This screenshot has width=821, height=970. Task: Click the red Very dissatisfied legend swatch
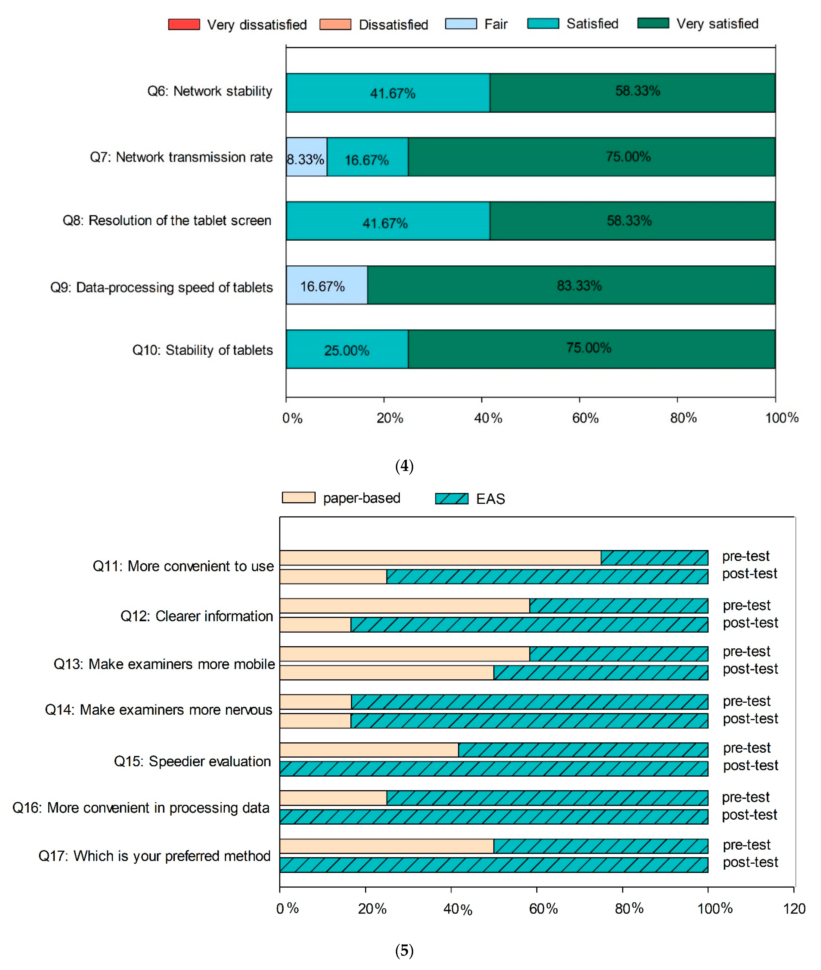coord(184,24)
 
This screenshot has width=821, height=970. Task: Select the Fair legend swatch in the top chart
coord(461,24)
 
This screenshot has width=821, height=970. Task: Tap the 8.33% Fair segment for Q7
coord(306,157)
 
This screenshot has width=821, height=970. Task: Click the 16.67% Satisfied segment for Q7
coord(367,157)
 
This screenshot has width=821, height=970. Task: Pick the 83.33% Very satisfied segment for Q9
coord(571,285)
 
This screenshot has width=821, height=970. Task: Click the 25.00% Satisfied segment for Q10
coord(347,349)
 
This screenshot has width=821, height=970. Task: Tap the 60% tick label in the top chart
coord(585,418)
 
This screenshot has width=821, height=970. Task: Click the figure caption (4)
coord(404,466)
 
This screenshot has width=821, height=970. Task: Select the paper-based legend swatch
coord(298,498)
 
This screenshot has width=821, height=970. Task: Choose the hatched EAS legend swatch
coord(451,498)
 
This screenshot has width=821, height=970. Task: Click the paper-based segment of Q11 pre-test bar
coord(440,558)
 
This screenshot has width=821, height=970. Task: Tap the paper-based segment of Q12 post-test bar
coord(315,625)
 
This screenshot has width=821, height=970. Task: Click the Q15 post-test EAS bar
coord(493,768)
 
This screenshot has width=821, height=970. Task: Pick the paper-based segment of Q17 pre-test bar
coord(386,846)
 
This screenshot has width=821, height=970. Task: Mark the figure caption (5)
coord(404,950)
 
